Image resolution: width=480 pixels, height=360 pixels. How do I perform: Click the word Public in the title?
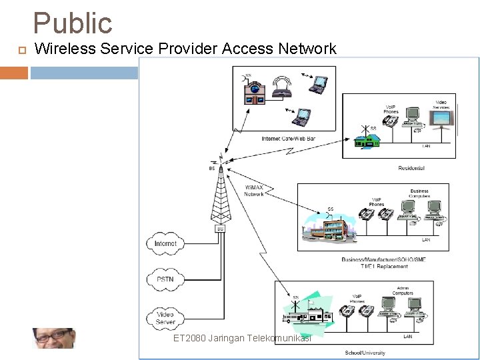coord(73,23)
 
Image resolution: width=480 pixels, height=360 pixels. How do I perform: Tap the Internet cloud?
coord(165,243)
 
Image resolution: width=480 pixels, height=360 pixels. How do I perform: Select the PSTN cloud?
coord(165,279)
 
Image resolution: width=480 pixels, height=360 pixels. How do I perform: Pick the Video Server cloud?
coord(165,317)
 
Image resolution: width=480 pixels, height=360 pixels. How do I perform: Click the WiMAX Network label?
coord(254,190)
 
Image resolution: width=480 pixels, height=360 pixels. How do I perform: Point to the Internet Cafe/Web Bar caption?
coord(288,139)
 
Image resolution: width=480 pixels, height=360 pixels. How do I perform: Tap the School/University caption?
coord(365,352)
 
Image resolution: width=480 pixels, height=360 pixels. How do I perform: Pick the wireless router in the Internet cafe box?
coord(283,90)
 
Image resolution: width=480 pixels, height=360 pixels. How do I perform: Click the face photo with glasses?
coord(54,338)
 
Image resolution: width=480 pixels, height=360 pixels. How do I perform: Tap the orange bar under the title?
coord(13,72)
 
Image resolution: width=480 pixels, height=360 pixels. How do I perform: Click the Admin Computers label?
coord(403,291)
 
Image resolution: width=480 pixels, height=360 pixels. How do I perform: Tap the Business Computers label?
coord(419,194)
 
